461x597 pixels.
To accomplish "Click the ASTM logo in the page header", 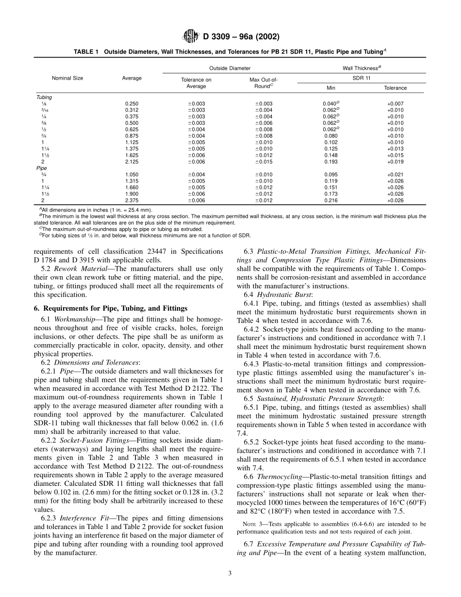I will [188, 36].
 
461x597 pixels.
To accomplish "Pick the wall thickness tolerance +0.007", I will [395, 103].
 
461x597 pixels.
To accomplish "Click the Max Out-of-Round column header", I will [264, 83].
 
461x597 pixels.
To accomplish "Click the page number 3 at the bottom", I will [230, 573].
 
